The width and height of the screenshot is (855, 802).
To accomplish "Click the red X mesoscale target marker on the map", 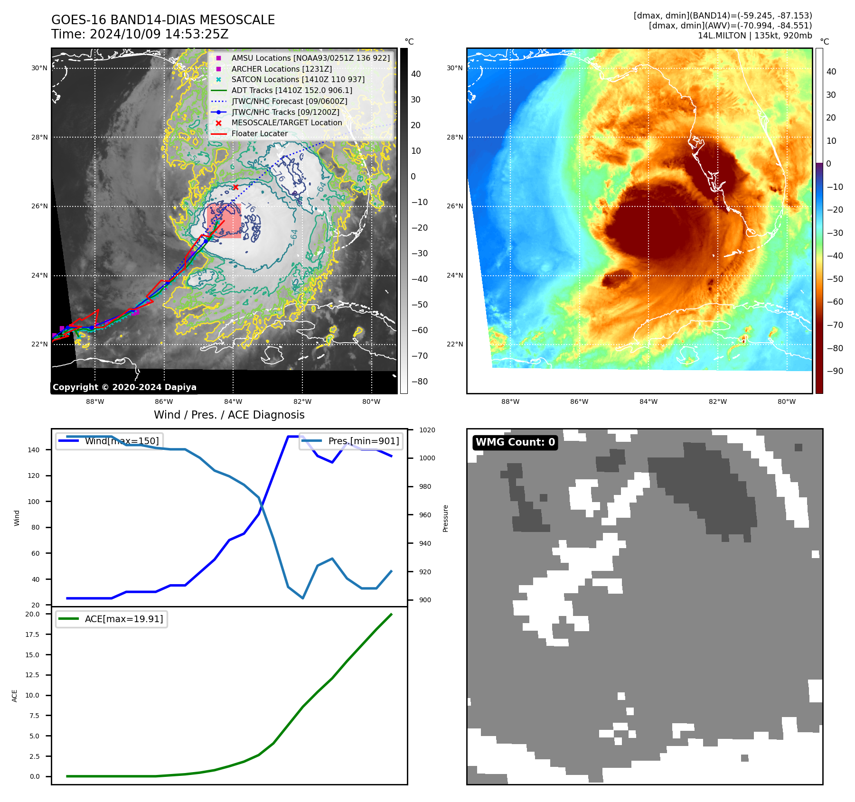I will [235, 187].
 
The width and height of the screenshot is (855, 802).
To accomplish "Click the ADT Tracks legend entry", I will [291, 90].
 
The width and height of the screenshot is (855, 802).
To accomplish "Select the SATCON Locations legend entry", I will [298, 79].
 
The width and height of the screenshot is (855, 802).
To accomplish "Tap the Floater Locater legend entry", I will [259, 133].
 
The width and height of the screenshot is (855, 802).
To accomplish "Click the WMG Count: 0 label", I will [515, 442].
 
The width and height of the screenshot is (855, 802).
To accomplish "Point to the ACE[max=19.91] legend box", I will [112, 619].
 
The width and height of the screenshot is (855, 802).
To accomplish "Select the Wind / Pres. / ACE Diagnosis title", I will [229, 415].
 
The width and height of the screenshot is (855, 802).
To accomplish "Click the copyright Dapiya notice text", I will [124, 387].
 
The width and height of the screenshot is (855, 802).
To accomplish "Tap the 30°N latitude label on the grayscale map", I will [39, 68].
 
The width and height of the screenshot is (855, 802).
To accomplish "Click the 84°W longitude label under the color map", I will [648, 401].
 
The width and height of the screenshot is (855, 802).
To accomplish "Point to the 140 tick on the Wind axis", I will [34, 449].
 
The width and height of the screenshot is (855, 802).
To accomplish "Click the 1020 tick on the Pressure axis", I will [427, 430].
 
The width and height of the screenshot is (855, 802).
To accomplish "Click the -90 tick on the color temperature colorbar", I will [835, 371].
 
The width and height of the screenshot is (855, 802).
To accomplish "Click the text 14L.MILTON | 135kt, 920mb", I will [754, 36].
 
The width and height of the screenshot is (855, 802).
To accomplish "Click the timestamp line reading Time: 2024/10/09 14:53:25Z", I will [140, 34].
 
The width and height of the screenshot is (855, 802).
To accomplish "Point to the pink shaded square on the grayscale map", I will [224, 221].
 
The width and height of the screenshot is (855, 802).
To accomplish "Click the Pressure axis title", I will [445, 518].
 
